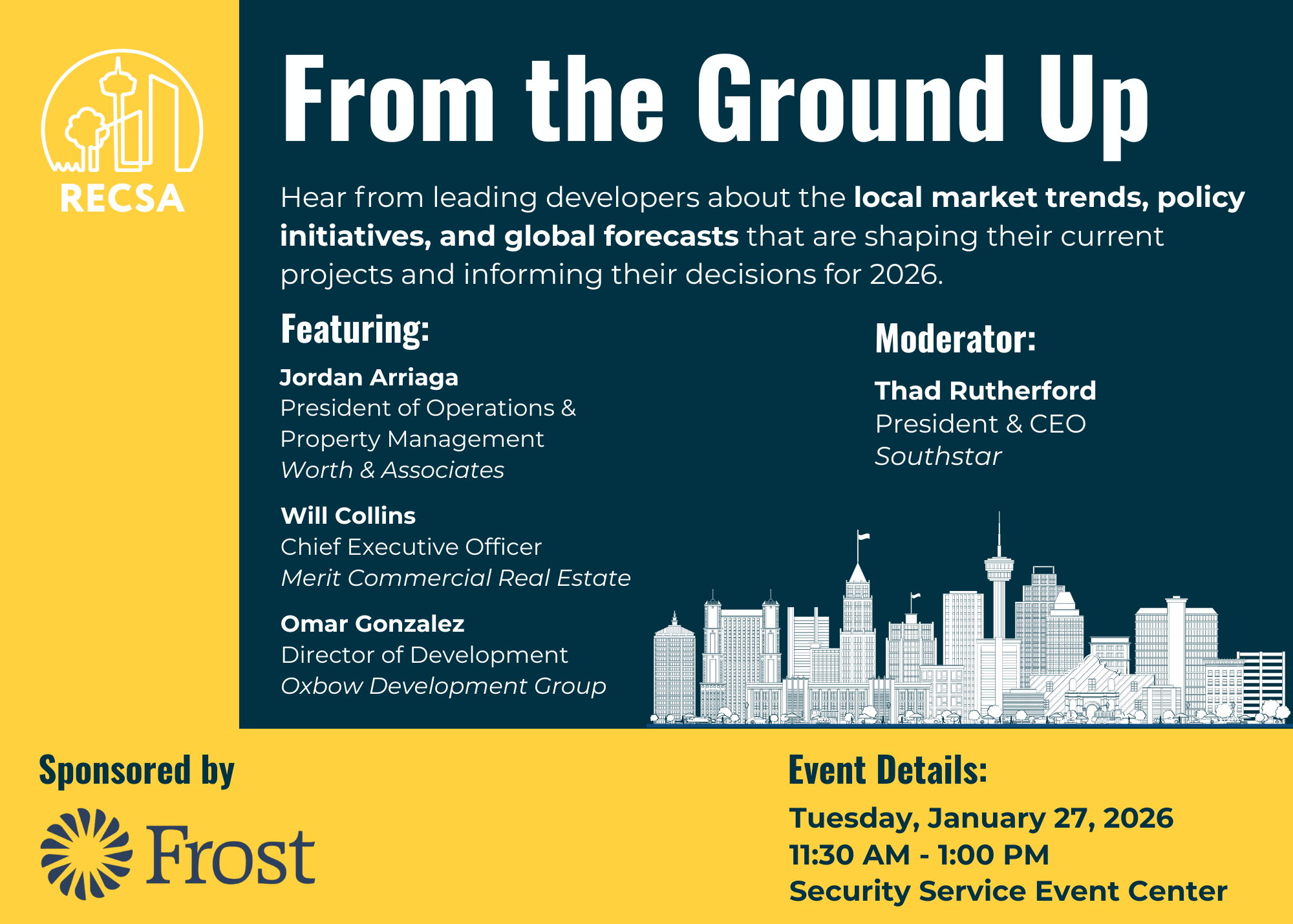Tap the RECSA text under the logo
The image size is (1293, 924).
coord(122,199)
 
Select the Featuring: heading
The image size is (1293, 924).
coord(355,329)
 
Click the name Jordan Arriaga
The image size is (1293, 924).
coord(369,377)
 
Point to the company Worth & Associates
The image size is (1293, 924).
coord(392,470)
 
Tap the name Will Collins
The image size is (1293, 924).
coord(348,515)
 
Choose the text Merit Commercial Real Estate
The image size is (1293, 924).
coord(456,577)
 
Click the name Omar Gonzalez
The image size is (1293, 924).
coord(372,624)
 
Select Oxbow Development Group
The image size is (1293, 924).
coord(443,686)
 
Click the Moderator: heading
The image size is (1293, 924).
coord(956,339)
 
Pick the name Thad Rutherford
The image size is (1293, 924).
coord(985,391)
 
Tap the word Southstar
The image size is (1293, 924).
coord(938,457)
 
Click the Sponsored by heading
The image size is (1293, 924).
coord(136,771)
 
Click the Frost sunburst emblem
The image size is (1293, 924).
coord(87,854)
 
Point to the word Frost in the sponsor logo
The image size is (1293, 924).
coord(231,855)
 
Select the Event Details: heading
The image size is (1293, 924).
coord(888,770)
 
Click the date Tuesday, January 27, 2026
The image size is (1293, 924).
coord(981,818)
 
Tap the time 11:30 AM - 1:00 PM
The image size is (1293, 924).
coord(919,855)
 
